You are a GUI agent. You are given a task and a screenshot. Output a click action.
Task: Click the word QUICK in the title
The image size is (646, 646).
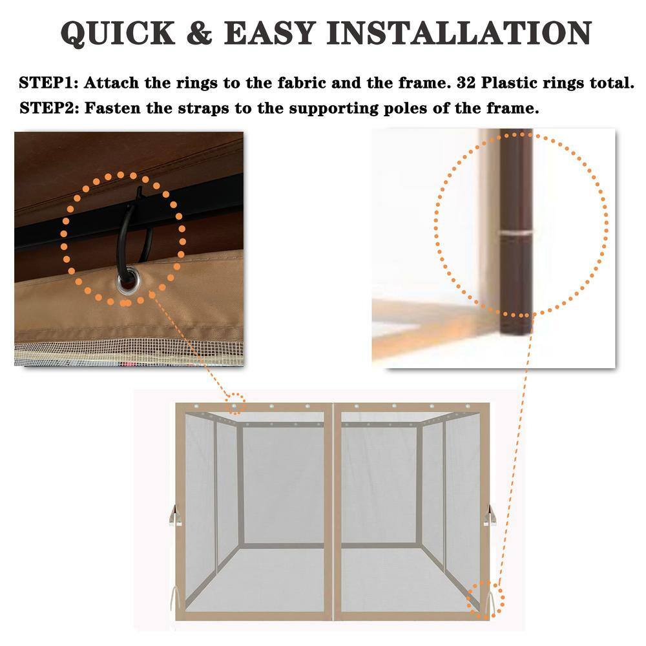[x=118, y=33]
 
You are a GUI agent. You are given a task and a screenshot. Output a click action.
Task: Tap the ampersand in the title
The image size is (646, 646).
[x=200, y=33]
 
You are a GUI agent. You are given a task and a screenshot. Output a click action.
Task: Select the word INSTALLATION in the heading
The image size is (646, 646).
[x=459, y=33]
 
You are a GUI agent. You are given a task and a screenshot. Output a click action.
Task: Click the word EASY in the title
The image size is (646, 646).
[x=270, y=33]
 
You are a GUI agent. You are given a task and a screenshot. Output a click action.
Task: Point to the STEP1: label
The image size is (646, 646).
[x=48, y=83]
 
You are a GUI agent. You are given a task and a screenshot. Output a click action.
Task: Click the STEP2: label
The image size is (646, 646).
[x=49, y=108]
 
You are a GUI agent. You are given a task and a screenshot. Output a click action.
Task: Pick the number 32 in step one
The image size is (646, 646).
[x=466, y=83]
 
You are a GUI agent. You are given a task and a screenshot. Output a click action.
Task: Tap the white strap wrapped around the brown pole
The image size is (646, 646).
[x=516, y=233]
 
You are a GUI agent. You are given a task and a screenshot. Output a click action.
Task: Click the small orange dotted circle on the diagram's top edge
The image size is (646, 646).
[x=235, y=404]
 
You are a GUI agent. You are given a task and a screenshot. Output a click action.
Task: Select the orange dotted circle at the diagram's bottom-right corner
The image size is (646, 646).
[x=485, y=599]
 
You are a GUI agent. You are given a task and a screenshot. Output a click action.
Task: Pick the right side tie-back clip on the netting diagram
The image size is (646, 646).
[x=490, y=516]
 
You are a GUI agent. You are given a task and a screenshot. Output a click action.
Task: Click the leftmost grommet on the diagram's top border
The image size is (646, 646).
[x=197, y=407]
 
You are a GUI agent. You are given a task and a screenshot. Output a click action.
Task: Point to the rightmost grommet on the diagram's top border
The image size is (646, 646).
[x=467, y=407]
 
